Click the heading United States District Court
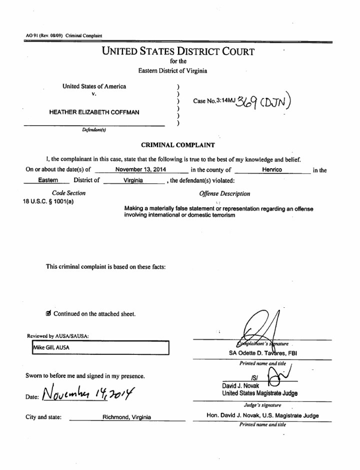click(178, 52)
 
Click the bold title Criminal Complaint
click(178, 145)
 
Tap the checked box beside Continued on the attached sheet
click(48, 314)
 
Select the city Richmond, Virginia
click(127, 417)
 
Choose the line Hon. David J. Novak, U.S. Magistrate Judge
click(262, 415)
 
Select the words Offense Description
click(224, 194)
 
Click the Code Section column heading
click(68, 193)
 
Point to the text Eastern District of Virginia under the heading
click(172, 71)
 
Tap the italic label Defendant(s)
click(93, 130)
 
